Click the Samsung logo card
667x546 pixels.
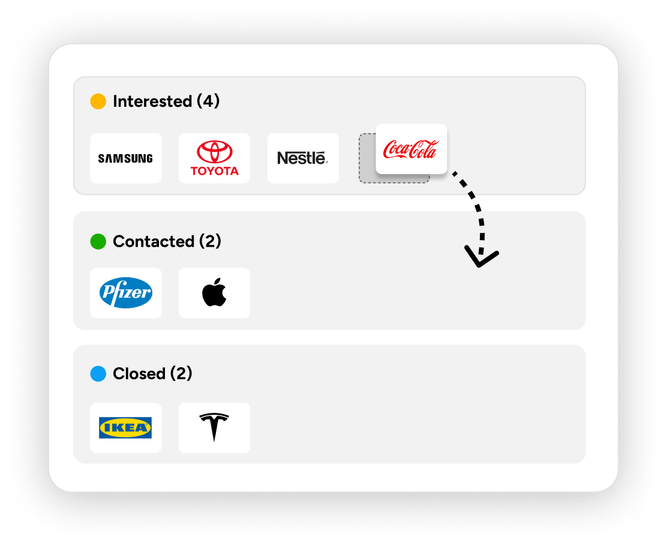click(126, 158)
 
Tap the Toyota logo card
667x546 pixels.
click(214, 158)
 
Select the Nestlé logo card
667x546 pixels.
click(303, 158)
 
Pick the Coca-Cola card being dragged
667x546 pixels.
click(411, 149)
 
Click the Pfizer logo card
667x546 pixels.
click(126, 293)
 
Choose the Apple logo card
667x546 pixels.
click(214, 293)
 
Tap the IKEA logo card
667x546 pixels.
click(126, 428)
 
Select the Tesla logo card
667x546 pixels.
click(214, 428)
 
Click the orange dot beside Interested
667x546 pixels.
click(98, 101)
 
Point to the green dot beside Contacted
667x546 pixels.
click(98, 241)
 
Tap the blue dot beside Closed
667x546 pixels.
click(98, 374)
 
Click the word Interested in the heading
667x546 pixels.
click(152, 101)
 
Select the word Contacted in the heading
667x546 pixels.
click(154, 241)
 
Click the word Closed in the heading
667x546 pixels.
click(139, 374)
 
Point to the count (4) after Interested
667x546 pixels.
click(208, 101)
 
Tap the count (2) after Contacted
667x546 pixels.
click(210, 241)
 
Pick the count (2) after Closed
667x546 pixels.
click(181, 374)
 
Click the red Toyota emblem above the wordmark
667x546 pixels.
click(214, 152)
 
